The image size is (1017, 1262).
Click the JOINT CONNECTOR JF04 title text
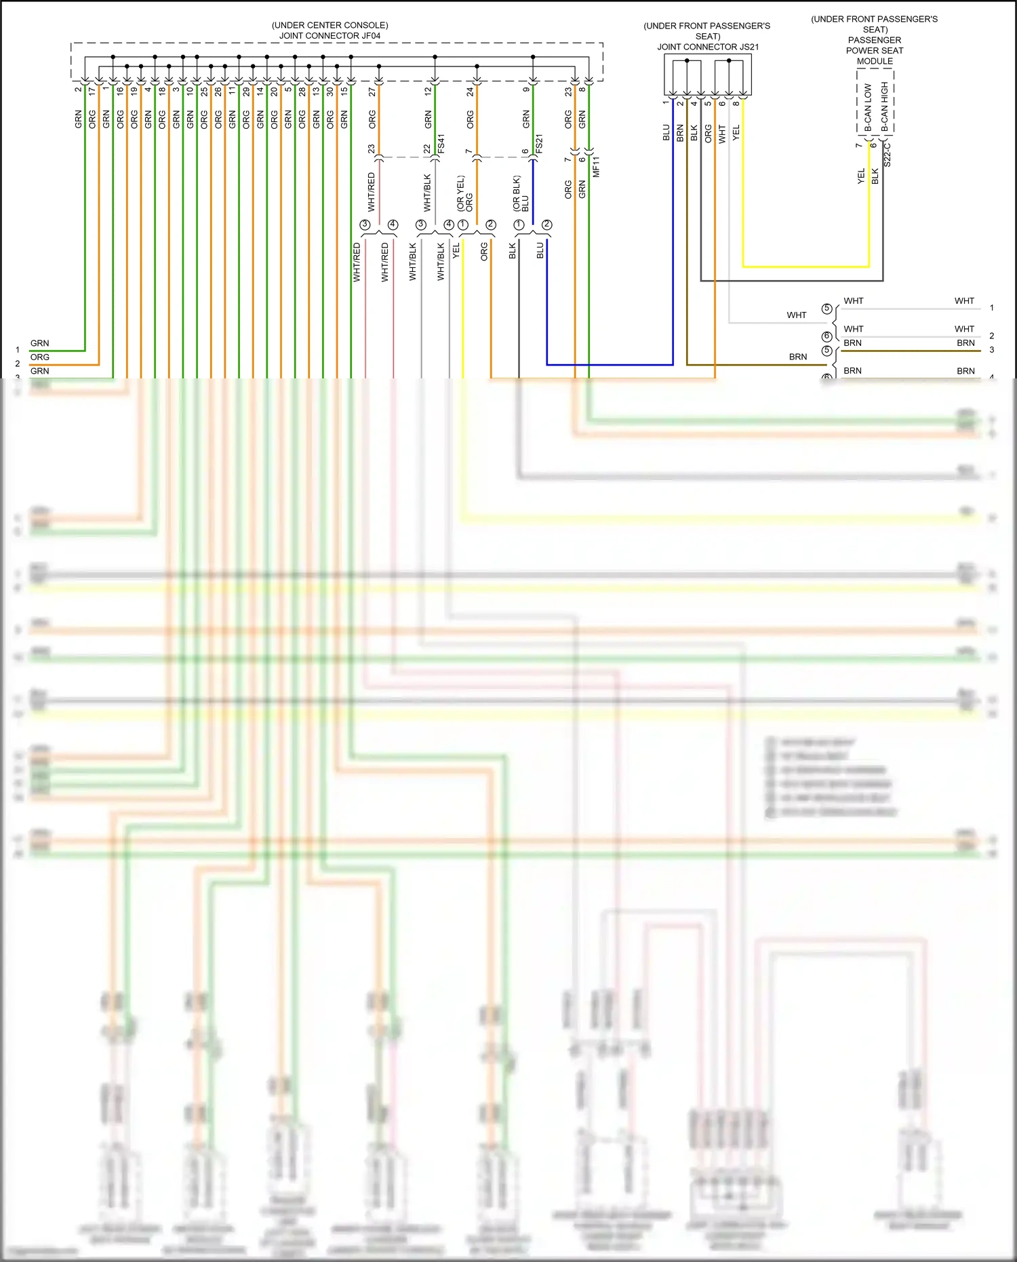pyautogui.click(x=330, y=36)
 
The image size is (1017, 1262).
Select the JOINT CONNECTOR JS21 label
pyautogui.click(x=707, y=47)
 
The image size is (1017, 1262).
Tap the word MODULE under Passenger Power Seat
pyautogui.click(x=875, y=61)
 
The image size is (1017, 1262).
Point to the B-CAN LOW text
pyautogui.click(x=868, y=107)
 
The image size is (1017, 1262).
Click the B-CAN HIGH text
pyautogui.click(x=884, y=106)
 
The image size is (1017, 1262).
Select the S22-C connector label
pyautogui.click(x=888, y=155)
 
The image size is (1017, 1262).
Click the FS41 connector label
pyautogui.click(x=441, y=144)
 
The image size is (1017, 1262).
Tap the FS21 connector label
pyautogui.click(x=540, y=144)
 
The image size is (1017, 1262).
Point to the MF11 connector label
pyautogui.click(x=597, y=167)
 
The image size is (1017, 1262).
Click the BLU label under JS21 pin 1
pyautogui.click(x=666, y=132)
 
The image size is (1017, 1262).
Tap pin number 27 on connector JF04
pyautogui.click(x=372, y=92)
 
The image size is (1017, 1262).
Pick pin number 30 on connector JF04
pyautogui.click(x=330, y=92)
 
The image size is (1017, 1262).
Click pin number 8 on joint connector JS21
pyautogui.click(x=736, y=103)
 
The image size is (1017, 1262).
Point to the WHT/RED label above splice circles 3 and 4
pyautogui.click(x=371, y=191)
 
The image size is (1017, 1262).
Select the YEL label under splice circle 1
pyautogui.click(x=456, y=250)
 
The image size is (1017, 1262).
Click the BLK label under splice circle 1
pyautogui.click(x=513, y=251)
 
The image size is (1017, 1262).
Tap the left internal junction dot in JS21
pyautogui.click(x=687, y=61)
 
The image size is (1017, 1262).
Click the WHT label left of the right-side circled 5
pyautogui.click(x=797, y=315)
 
